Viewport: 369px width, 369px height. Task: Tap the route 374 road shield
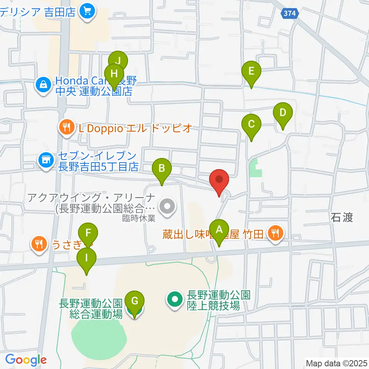coord(289,13)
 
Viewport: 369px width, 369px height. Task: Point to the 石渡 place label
coord(342,218)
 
